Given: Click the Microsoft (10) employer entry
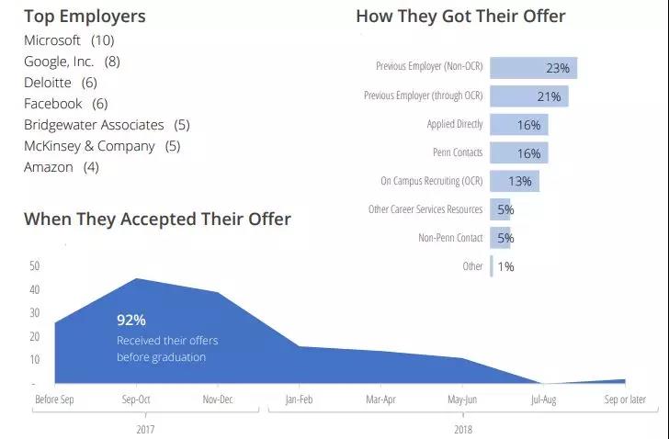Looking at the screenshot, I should pos(69,40).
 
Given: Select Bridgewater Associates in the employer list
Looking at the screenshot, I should pos(106,125).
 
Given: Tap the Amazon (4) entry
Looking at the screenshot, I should pos(61,167).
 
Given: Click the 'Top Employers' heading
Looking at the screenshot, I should pos(85,16).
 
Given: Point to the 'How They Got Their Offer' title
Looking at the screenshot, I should pos(460,16).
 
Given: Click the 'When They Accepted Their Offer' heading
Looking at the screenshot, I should pos(157,219).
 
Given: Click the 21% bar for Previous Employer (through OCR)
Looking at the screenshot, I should pos(528,96).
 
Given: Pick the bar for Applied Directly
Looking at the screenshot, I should pos(519,125).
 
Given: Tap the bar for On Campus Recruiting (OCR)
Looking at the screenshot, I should pos(515,181).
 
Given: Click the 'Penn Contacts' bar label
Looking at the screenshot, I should pos(458,153).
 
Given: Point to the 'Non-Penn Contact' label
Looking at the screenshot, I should pos(450,238).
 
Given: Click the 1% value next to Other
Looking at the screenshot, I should pos(505,266).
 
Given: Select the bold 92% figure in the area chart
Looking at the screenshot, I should pos(131,320).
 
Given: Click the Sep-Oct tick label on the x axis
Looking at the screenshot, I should pos(136,400).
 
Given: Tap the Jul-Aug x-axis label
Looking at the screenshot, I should pos(544,400).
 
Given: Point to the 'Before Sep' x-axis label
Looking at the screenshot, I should pos(53,400).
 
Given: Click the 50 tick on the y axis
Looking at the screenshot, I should pos(35,265).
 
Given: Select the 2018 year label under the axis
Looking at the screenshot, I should pos(462,427).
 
